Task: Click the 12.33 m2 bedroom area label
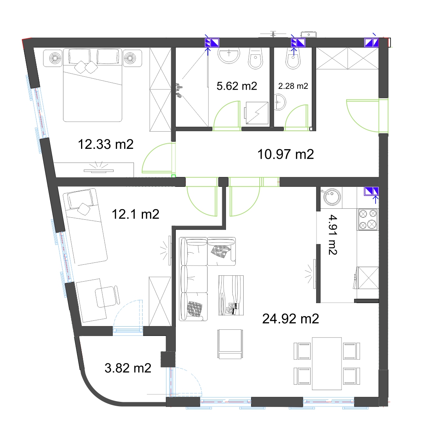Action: (x=105, y=144)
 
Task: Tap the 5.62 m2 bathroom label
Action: (x=237, y=86)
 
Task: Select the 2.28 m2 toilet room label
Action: (x=293, y=86)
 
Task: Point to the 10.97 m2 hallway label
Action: (x=286, y=154)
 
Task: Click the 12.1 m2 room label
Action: (x=136, y=214)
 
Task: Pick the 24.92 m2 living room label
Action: (x=291, y=318)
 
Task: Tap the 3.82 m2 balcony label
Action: (x=128, y=368)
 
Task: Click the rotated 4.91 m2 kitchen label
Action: (x=333, y=235)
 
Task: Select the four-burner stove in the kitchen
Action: (x=368, y=219)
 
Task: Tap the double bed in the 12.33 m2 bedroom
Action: (x=92, y=85)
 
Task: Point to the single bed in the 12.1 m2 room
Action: (x=85, y=226)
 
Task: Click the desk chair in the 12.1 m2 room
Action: (x=107, y=296)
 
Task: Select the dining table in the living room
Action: (x=327, y=363)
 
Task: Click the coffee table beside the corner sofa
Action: (x=231, y=295)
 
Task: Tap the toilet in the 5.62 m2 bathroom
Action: (x=255, y=58)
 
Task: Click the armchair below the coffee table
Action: (x=230, y=344)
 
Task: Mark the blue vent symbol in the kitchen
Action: (x=371, y=191)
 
